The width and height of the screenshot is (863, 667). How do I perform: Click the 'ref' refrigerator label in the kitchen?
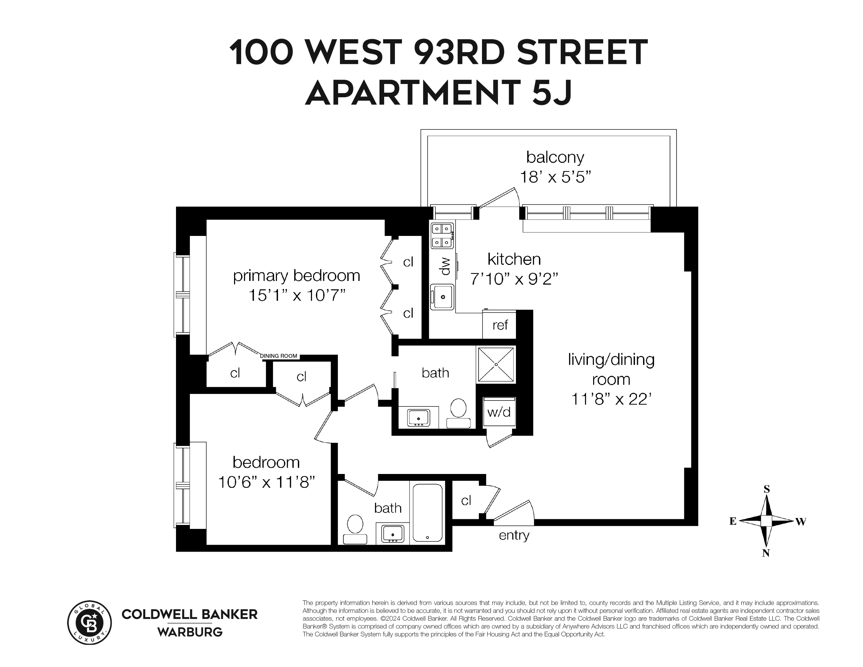(x=500, y=325)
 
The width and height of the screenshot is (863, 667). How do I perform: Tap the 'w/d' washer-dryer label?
(x=499, y=412)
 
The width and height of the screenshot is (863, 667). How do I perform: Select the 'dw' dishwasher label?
(x=445, y=266)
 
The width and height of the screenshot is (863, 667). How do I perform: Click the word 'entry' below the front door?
(x=514, y=535)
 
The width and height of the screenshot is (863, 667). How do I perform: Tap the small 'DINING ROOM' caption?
(x=279, y=356)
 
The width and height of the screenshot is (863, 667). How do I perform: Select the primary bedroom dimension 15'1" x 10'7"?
(x=297, y=296)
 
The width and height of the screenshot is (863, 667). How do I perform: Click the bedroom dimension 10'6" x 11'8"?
(x=266, y=482)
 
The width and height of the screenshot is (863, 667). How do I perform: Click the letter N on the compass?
(x=766, y=553)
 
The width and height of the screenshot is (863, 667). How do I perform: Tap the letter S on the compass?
(x=767, y=489)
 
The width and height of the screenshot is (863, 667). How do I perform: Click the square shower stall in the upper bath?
(x=496, y=364)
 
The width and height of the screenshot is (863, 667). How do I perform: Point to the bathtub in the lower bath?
(x=428, y=513)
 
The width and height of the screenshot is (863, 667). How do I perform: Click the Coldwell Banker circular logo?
(x=90, y=623)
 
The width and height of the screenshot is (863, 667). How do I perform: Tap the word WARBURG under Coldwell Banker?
(x=190, y=632)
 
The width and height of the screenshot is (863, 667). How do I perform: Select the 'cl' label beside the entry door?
(x=466, y=501)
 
